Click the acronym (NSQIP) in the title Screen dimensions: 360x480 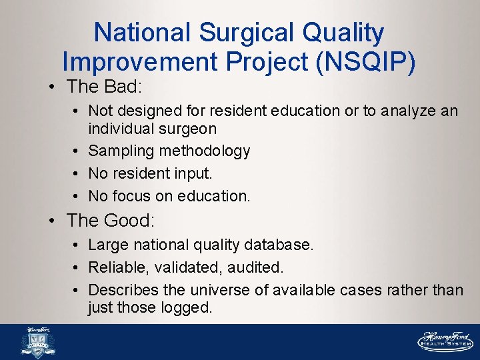pos(367,61)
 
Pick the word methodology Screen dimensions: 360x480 pos(205,151)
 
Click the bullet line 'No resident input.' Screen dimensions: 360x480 pos(150,173)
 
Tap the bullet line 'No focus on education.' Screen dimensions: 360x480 pos(169,196)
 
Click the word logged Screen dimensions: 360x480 pos(186,307)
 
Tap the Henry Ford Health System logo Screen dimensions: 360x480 pos(445,341)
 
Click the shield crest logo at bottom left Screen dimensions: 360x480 pos(37,343)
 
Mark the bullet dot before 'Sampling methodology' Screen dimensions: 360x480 pos(79,151)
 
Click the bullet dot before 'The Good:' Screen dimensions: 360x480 pos(56,221)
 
